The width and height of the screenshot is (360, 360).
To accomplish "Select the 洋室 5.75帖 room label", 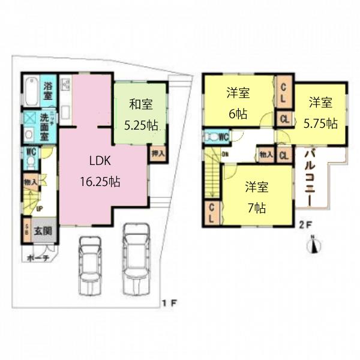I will tap(320, 112).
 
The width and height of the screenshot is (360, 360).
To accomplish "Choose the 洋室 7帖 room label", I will tap(256, 197).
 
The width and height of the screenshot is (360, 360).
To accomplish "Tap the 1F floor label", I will tap(169, 302).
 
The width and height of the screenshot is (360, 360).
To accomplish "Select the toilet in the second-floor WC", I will tap(209, 137).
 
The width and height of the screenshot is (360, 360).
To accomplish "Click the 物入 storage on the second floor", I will tap(266, 154).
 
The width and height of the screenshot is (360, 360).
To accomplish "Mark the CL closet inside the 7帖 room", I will tap(211, 214).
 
